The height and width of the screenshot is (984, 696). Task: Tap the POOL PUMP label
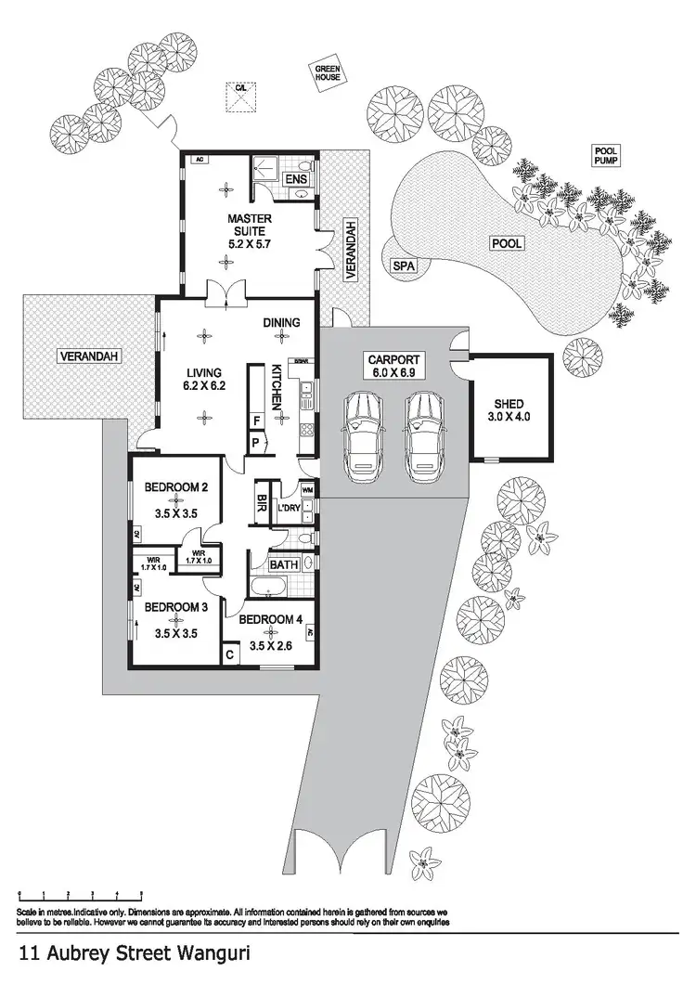[x=607, y=155]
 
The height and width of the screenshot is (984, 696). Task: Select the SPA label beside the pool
[x=403, y=266]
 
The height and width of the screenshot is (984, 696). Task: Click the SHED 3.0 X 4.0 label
[x=509, y=410]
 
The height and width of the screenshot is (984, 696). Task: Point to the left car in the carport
[x=361, y=434]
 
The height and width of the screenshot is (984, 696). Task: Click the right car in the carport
[x=424, y=434]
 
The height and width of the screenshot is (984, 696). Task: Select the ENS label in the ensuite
[x=295, y=179]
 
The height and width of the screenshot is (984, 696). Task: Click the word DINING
[x=281, y=323]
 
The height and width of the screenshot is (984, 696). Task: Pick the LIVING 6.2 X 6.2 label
[x=204, y=379]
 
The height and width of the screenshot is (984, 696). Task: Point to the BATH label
[x=282, y=564]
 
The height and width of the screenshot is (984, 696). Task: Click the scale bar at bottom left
[x=80, y=896]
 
